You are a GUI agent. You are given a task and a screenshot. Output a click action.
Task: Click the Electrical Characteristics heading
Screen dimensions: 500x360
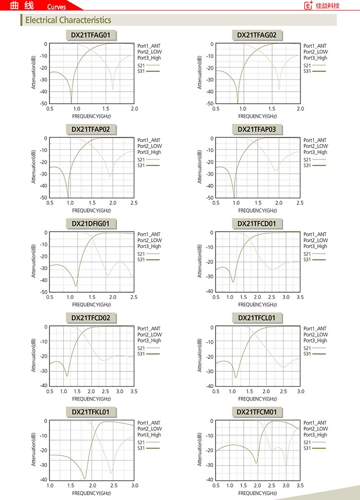(x=68, y=20)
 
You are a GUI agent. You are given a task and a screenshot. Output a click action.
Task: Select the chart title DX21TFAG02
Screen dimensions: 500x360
(x=257, y=35)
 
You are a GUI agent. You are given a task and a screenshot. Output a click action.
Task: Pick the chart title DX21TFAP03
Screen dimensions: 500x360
(x=257, y=129)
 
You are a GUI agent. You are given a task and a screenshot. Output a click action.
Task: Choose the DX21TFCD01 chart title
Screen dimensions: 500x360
(x=257, y=224)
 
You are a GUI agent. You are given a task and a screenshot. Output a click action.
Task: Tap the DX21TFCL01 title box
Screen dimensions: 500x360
(x=257, y=318)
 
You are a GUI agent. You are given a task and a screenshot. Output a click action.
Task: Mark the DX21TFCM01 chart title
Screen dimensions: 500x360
(x=257, y=412)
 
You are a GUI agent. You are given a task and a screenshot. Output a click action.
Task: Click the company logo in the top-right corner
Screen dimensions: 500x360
(x=323, y=6)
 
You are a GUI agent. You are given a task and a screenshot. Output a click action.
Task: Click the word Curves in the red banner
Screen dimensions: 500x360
(x=57, y=7)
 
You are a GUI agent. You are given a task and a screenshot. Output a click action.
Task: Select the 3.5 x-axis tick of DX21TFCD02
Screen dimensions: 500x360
(x=134, y=392)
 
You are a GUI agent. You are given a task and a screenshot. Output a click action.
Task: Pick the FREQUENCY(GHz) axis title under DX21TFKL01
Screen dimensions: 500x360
(x=91, y=493)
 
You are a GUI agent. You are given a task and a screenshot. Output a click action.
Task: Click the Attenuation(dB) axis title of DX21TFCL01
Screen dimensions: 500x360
(x=199, y=356)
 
